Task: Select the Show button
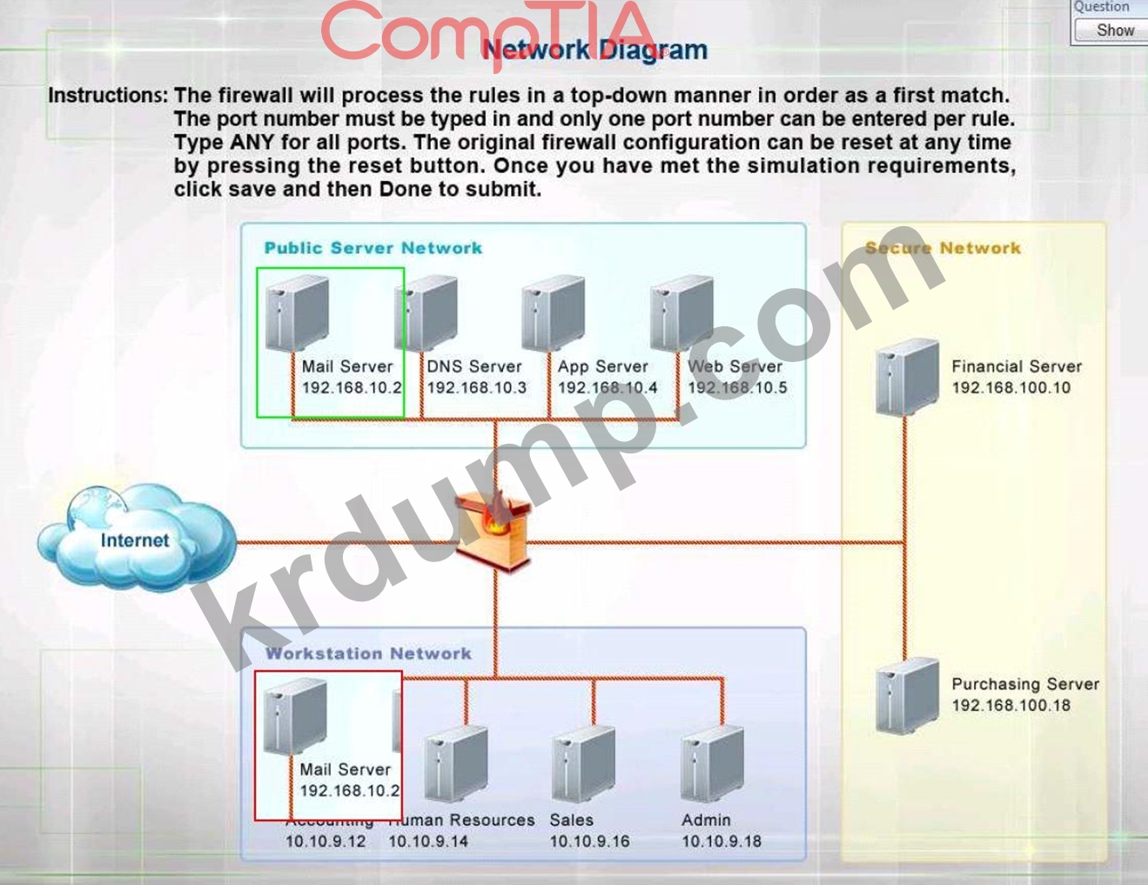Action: pyautogui.click(x=1114, y=30)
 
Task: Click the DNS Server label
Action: pyautogui.click(x=473, y=366)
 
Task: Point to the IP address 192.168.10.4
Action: pyautogui.click(x=608, y=388)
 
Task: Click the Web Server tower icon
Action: pyautogui.click(x=682, y=313)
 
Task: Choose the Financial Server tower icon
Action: pyautogui.click(x=907, y=376)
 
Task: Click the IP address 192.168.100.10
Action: pyautogui.click(x=1010, y=388)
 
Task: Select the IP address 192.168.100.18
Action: pyautogui.click(x=1010, y=706)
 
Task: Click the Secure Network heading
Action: pyautogui.click(x=943, y=248)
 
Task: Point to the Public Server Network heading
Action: pyautogui.click(x=373, y=248)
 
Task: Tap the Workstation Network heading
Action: pyautogui.click(x=368, y=654)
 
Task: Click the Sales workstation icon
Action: pyautogui.click(x=584, y=765)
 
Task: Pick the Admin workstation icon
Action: pyautogui.click(x=713, y=765)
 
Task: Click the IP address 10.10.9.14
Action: pyautogui.click(x=427, y=841)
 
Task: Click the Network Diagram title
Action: pyautogui.click(x=594, y=50)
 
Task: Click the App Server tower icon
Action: pyautogui.click(x=554, y=313)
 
